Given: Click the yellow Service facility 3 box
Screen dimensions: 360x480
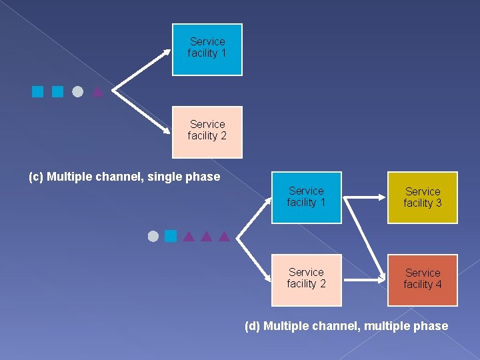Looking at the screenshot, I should pos(423,197).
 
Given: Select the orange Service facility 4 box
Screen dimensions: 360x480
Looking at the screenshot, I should pos(423,280).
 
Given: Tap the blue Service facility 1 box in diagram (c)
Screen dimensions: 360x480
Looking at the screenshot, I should pos(207,49).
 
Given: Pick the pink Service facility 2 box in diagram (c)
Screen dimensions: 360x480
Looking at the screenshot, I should pos(207,132).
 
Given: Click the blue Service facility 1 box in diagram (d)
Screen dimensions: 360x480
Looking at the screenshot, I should pos(307,197).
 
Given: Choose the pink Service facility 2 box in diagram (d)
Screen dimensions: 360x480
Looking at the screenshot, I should pos(307,280).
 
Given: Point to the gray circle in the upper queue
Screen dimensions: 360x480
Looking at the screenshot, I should pos(78,92).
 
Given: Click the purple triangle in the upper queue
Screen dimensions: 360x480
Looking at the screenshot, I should pos(98,92).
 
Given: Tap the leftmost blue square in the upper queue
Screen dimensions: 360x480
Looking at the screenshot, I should pos(37,92).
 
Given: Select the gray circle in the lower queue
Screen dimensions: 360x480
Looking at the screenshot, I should pos(153,236).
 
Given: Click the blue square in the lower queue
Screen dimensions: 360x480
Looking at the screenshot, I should pos(171,236).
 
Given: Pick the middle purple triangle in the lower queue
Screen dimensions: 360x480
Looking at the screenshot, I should pos(206,236).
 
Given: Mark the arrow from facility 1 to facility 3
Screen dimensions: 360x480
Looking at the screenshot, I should pos(364,197).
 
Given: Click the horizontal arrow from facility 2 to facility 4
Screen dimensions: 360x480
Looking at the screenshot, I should pos(364,280).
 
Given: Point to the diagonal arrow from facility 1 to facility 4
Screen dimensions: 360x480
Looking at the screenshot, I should pos(365,239).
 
